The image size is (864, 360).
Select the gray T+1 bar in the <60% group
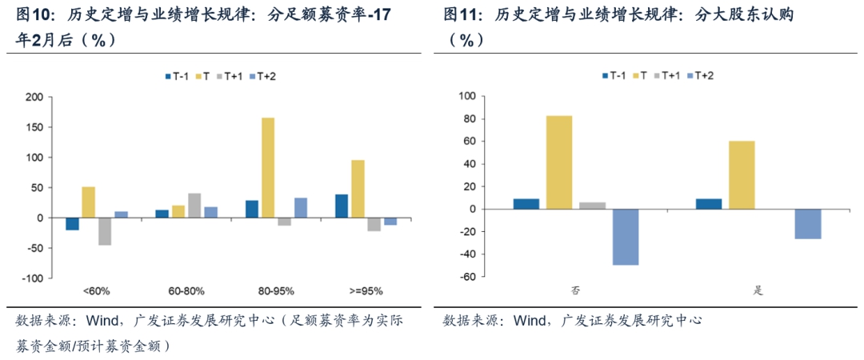coord(104,231)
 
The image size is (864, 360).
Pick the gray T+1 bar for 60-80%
coord(194,206)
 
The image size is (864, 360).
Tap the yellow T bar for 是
coord(742,175)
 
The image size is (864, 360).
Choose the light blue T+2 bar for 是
coord(807,224)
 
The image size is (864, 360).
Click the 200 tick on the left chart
coord(33,98)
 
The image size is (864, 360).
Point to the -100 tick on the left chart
coord(30,278)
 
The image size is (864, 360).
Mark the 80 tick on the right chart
coord(468,119)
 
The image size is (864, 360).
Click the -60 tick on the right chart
coord(466,277)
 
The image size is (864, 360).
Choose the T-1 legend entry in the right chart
coord(613,75)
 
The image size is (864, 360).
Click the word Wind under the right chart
coord(530,321)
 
